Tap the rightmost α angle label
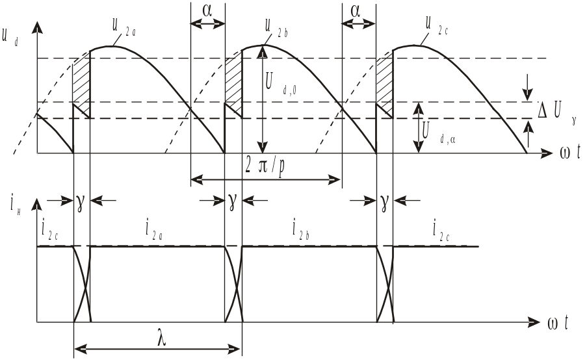pyautogui.click(x=359, y=12)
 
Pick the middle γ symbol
pyautogui.click(x=233, y=201)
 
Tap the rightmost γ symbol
pyautogui.click(x=385, y=201)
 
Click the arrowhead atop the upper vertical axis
pyautogui.click(x=38, y=27)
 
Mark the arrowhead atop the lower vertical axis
pyautogui.click(x=38, y=204)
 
